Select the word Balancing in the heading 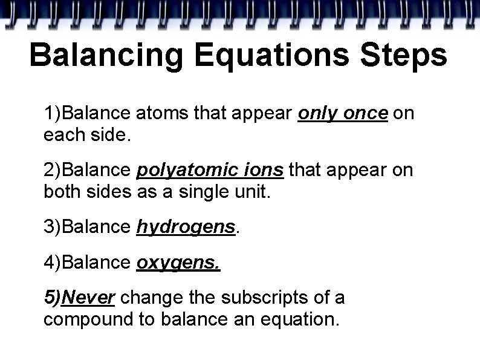(105, 56)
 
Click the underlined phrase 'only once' (342, 113)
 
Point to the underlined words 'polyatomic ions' (210, 171)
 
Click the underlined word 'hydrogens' (186, 227)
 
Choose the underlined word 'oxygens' (179, 263)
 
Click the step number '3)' (52, 227)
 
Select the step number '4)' (52, 263)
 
